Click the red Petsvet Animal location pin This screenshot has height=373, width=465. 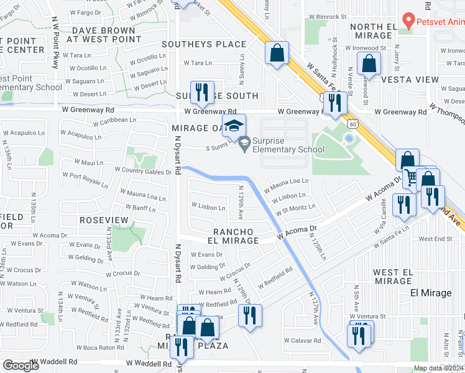click(x=408, y=20)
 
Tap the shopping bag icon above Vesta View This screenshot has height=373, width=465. click(x=369, y=63)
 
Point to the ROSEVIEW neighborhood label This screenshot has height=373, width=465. click(x=104, y=220)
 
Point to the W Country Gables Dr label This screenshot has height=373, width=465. click(x=142, y=170)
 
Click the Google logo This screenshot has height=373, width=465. click(x=22, y=366)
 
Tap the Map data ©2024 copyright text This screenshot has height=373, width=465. click(x=438, y=368)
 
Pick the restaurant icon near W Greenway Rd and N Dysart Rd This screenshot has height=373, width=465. click(x=201, y=93)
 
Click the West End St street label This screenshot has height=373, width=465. click(x=435, y=239)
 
